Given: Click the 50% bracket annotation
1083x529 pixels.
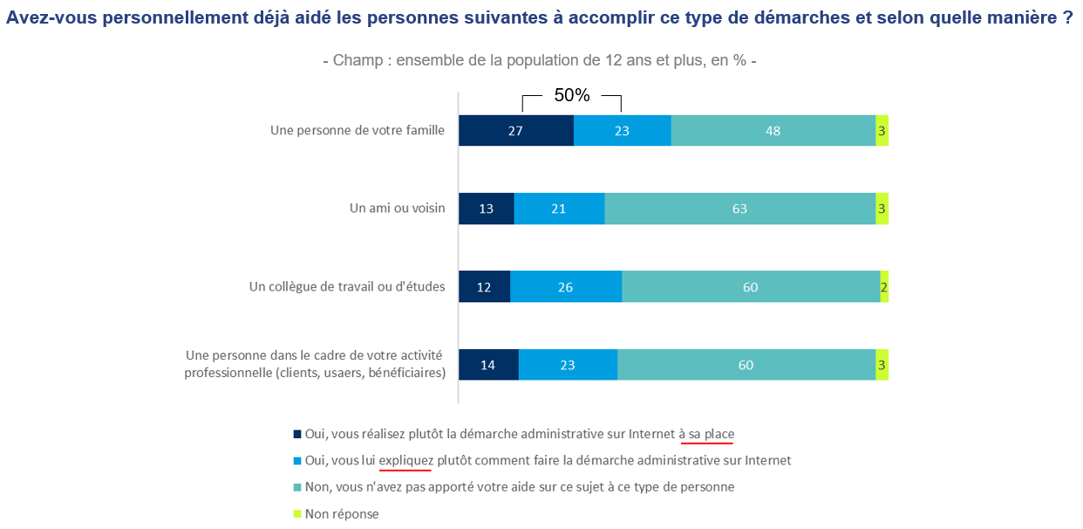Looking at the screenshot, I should [x=572, y=96].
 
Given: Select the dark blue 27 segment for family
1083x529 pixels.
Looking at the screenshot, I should [x=516, y=131].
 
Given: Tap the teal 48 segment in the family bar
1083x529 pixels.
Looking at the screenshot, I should [x=773, y=131].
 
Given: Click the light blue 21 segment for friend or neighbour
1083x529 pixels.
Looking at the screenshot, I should [x=559, y=209].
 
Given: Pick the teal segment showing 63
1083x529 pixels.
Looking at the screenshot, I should [x=739, y=209].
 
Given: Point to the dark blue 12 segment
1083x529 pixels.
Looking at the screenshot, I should [x=485, y=286].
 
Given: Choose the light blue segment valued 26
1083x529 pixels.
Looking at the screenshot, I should [x=566, y=286].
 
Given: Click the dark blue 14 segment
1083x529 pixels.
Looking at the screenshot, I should [x=488, y=365].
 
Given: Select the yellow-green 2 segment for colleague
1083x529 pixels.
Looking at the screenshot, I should [x=884, y=286].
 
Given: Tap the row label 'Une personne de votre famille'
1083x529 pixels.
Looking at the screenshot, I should [x=358, y=131].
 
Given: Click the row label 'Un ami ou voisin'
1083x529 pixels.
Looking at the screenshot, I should [x=397, y=209].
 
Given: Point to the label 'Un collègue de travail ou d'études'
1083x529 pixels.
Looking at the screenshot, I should [x=347, y=286].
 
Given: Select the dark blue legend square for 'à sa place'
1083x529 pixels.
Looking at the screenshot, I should [x=297, y=434].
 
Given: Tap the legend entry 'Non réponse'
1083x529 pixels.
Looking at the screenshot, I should [x=342, y=514].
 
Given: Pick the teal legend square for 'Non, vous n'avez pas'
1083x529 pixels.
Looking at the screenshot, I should [x=297, y=487].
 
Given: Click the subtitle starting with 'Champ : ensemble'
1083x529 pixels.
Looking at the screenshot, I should [x=539, y=61].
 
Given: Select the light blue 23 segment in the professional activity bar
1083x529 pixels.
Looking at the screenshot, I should [x=568, y=365].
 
